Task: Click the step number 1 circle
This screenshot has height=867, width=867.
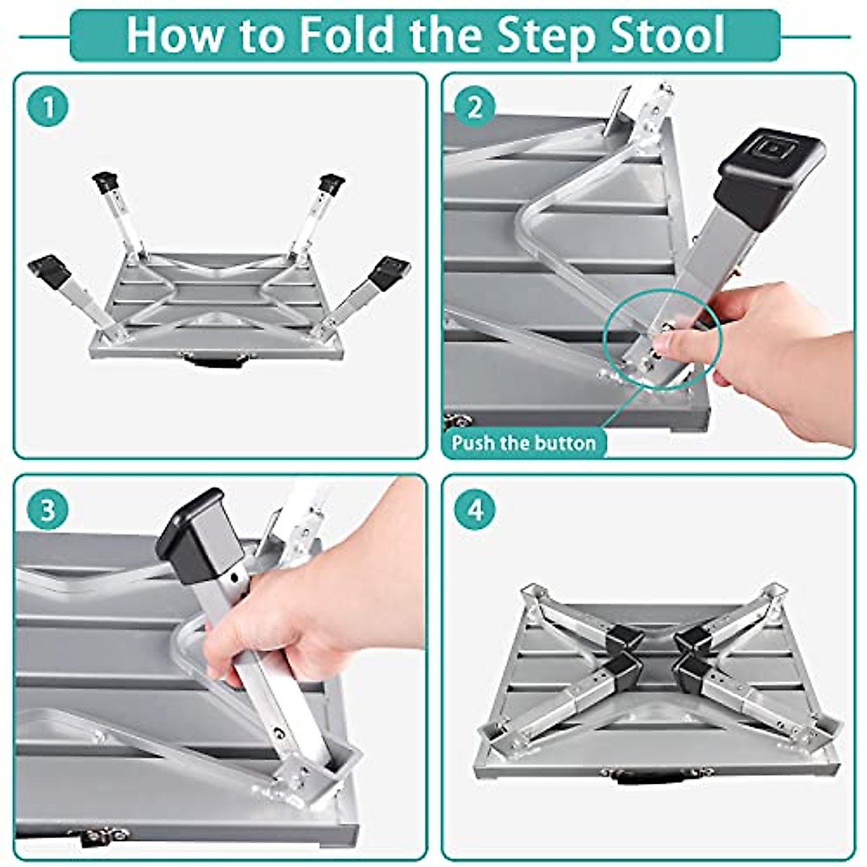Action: [x=48, y=108]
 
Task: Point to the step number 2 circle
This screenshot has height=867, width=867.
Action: [x=475, y=108]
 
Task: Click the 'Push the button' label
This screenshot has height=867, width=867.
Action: [x=523, y=443]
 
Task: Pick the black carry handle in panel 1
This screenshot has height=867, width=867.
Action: [x=214, y=361]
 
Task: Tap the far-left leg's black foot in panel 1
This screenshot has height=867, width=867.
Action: [x=51, y=272]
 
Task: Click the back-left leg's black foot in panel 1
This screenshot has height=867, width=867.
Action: [x=105, y=184]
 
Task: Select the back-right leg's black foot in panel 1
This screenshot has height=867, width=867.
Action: [x=332, y=184]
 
